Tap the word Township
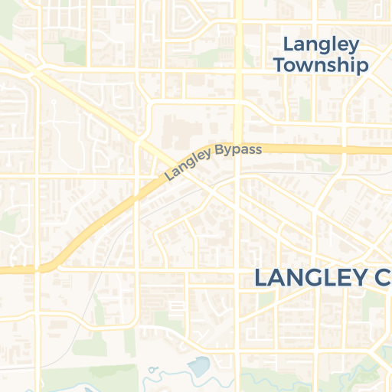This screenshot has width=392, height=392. coord(320,65)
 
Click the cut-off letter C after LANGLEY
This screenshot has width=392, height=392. coord(381,277)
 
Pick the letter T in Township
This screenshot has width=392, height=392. coord(279,64)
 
